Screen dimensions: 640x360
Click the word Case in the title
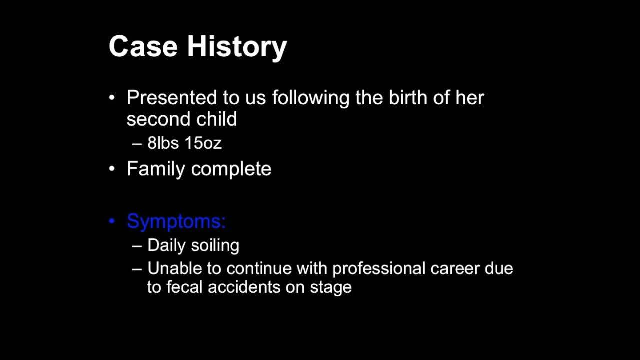pyautogui.click(x=143, y=46)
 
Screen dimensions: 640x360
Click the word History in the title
pyautogui.click(x=237, y=48)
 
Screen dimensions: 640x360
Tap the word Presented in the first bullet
pyautogui.click(x=171, y=97)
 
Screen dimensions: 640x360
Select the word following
pyautogui.click(x=310, y=99)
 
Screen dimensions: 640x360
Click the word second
pyautogui.click(x=158, y=119)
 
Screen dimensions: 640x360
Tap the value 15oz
pyautogui.click(x=203, y=143)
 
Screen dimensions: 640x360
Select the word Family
pyautogui.click(x=156, y=169)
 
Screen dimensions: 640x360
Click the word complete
pyautogui.click(x=231, y=169)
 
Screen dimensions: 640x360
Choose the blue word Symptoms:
pyautogui.click(x=176, y=222)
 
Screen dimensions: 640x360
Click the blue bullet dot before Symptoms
pyautogui.click(x=112, y=221)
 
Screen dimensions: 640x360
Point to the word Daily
pyautogui.click(x=166, y=246)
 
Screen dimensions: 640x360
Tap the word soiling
pyautogui.click(x=215, y=246)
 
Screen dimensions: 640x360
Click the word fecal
pyautogui.click(x=184, y=287)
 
